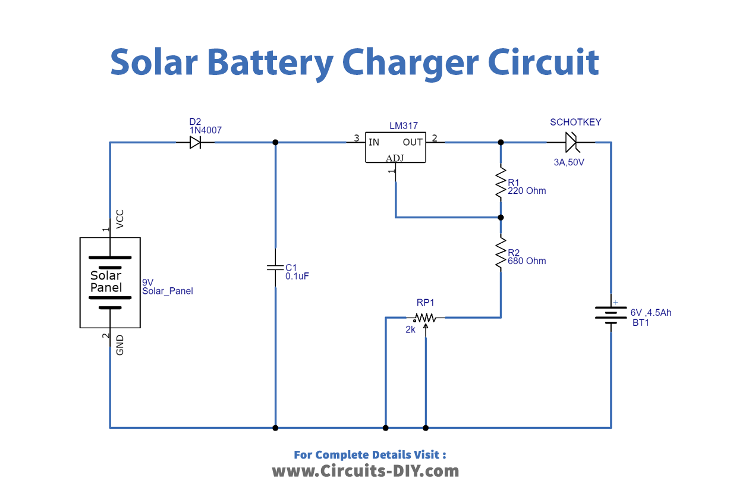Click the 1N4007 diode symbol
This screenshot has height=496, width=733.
pos(195,143)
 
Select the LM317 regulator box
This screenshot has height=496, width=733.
pos(395,147)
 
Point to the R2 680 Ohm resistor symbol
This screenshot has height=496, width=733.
pos(501,254)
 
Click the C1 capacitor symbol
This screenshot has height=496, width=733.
pos(275,268)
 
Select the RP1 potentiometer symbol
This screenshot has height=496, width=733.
pos(425,318)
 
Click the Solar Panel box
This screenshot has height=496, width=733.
pos(110,282)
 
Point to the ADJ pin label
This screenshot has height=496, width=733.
pos(395,158)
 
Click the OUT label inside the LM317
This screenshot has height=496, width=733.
pos(413,142)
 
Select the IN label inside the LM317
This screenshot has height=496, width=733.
pos(374,142)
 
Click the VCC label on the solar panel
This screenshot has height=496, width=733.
pos(120,219)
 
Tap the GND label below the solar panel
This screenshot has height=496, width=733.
pos(120,345)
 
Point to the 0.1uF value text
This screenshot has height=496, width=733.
pos(297,277)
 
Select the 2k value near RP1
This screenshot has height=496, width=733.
pos(410,329)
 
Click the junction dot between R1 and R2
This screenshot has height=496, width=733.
pos(501,217)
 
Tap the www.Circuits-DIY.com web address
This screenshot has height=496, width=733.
pos(366,471)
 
